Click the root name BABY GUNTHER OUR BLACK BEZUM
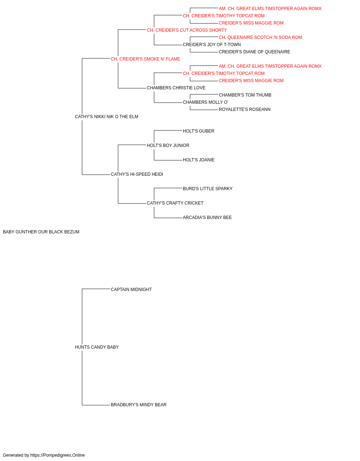click(x=41, y=232)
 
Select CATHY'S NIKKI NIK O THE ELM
click(x=107, y=117)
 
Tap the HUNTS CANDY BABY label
click(x=97, y=347)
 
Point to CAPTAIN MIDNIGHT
click(x=131, y=290)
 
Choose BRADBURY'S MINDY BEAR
click(x=139, y=405)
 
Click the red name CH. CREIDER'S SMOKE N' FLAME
click(x=145, y=59)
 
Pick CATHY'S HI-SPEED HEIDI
click(x=137, y=174)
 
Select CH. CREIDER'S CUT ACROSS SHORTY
click(x=187, y=30)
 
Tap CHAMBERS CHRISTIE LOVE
click(x=176, y=88)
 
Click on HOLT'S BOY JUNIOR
click(x=168, y=146)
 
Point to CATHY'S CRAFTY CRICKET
click(x=175, y=203)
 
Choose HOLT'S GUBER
click(x=198, y=131)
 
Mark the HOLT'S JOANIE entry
click(x=199, y=160)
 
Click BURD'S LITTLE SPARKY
click(x=208, y=189)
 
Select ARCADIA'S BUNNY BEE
click(x=207, y=218)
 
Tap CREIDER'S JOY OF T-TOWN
click(x=212, y=45)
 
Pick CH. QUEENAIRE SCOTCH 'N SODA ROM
click(x=260, y=37)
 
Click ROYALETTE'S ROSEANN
click(x=244, y=109)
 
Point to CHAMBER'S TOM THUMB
click(x=245, y=95)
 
